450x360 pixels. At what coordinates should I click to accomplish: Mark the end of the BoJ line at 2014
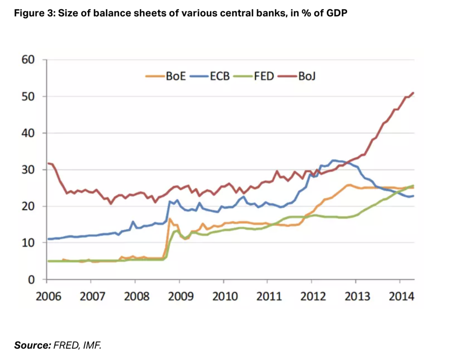pyautogui.click(x=414, y=93)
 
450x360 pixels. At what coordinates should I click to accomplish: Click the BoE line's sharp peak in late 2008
pyautogui.click(x=170, y=218)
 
